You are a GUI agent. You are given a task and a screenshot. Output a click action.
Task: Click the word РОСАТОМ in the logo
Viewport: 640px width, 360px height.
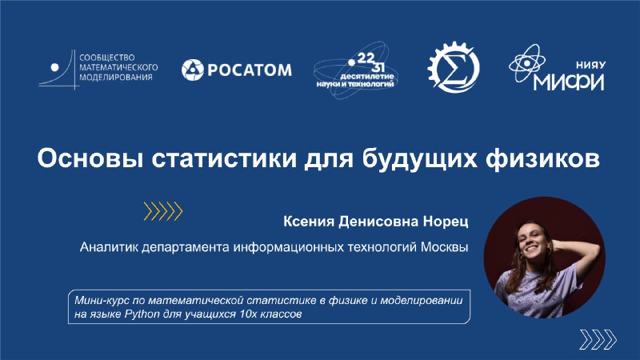[x=250, y=70]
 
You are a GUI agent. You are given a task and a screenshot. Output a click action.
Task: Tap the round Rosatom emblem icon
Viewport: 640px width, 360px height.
[x=192, y=70]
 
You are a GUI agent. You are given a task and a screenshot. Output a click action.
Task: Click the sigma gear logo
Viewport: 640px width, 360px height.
[x=454, y=68]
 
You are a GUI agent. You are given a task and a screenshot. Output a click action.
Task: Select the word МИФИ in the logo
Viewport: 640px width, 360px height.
[x=569, y=82]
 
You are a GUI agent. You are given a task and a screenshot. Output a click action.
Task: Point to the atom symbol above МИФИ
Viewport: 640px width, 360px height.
[x=526, y=63]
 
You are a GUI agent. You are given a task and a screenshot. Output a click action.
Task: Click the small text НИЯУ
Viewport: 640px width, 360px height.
[x=590, y=65]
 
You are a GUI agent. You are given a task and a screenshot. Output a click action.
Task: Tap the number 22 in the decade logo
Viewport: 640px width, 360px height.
[x=366, y=58]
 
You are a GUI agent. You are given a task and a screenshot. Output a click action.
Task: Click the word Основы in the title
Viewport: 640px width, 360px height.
[x=90, y=158]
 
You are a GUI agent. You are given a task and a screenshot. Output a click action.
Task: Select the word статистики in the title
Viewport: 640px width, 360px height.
[x=224, y=158]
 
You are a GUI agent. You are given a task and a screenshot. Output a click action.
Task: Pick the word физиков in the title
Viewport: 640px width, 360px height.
[x=543, y=158]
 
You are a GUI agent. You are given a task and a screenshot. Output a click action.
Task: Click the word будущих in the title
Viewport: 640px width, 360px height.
[x=419, y=159]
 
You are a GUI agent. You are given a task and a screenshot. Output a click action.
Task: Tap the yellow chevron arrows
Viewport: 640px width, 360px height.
[x=163, y=211]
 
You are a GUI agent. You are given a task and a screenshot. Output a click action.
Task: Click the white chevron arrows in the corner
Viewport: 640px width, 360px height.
[x=598, y=339]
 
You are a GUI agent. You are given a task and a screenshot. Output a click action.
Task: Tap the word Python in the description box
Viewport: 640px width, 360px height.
[x=142, y=314]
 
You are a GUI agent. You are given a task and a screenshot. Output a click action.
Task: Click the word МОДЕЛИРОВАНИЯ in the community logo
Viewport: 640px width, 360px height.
[x=115, y=77]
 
